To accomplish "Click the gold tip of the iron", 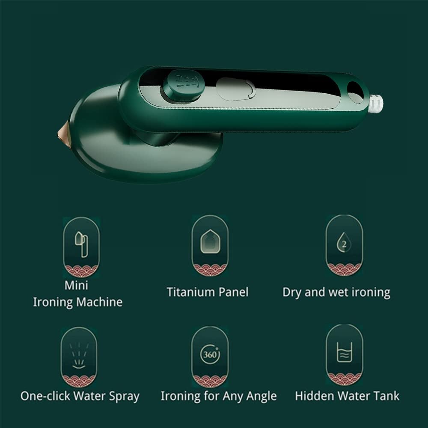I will click(63, 131).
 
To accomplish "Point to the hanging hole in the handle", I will click(355, 92).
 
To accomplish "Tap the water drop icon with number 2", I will click(344, 242).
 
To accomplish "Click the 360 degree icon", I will click(210, 355).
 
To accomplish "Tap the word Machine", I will click(99, 302).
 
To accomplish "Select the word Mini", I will click(76, 285).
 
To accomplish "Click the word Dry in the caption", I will click(293, 293).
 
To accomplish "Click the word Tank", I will click(385, 395).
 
